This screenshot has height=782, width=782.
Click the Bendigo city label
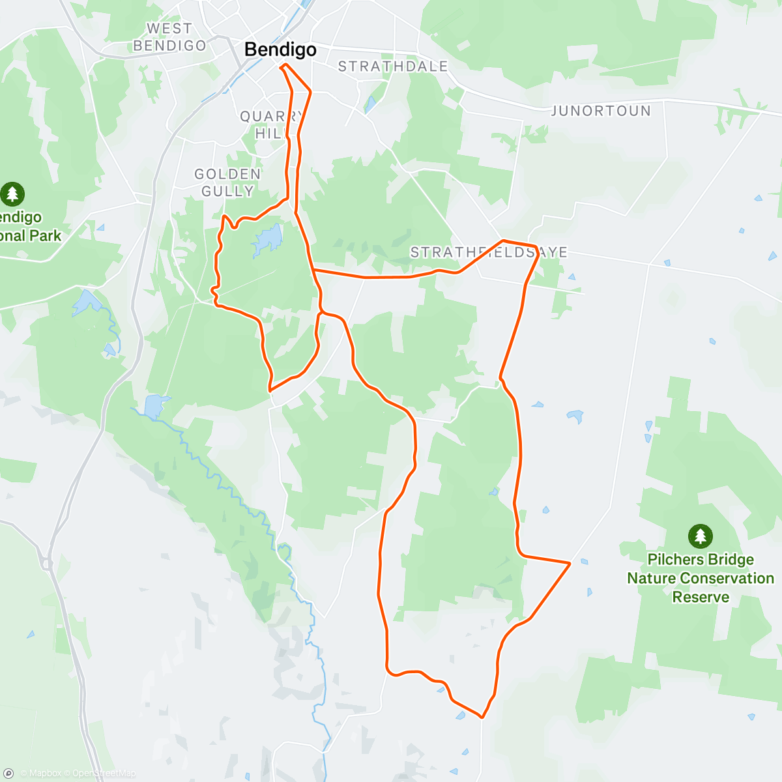pos(280,50)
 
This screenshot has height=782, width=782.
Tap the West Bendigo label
pos(169,37)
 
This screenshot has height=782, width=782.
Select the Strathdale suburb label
pos(393,66)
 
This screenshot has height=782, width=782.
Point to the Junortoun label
pos(601,111)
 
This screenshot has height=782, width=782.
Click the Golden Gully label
pos(227,182)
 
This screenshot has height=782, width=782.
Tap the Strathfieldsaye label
pos(489,253)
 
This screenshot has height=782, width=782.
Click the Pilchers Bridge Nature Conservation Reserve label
pos(701,578)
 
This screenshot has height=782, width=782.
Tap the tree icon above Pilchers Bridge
pos(700,536)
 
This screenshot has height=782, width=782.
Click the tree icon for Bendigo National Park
pos(12,194)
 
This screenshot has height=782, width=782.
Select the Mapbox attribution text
pos(44,774)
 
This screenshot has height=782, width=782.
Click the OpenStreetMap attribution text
pos(104,774)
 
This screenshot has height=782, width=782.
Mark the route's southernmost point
pos(482,717)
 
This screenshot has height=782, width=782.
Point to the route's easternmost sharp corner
pos(570,562)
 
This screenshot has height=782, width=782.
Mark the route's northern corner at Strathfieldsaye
pos(502,240)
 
